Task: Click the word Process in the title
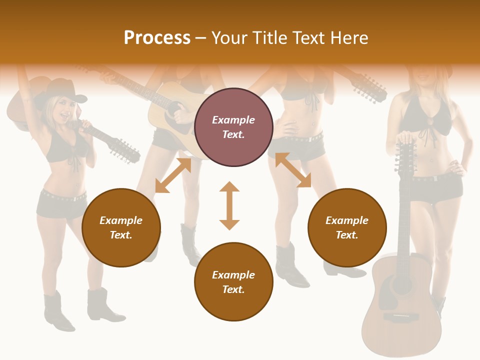tap(157, 38)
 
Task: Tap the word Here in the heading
tap(348, 38)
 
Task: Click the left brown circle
tap(121, 227)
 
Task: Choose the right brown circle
tap(347, 227)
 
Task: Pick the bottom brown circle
tap(233, 282)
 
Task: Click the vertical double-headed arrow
tap(229, 206)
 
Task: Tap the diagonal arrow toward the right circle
tap(293, 170)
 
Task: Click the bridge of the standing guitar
tap(402, 317)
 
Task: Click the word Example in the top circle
tap(233, 120)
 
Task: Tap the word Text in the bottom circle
tap(233, 289)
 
